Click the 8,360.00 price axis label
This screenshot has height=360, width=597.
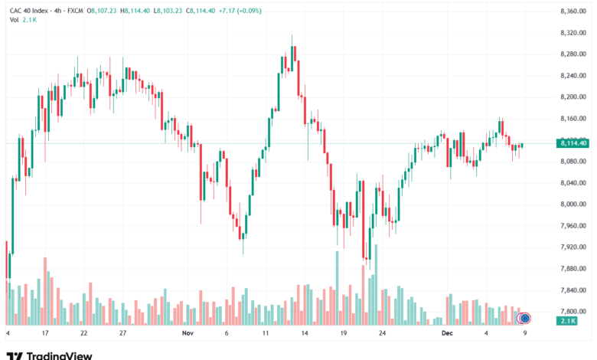pos(573,11)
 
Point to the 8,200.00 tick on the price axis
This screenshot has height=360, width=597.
pos(573,97)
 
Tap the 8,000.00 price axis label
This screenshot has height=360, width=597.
pos(573,205)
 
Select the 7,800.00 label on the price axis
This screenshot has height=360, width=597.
pos(573,312)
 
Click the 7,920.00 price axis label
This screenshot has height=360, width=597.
pos(573,247)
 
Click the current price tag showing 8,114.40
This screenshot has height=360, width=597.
pos(573,143)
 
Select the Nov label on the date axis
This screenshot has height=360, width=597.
pos(189,333)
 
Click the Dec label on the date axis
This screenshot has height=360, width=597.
pos(449,333)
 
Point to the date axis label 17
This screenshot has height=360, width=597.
pos(46,333)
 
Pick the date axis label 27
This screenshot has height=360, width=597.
pos(122,333)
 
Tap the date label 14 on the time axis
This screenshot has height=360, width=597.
pos(305,333)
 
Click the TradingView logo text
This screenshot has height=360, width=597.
pos(59,355)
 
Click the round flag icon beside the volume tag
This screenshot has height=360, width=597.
pos(525,318)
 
